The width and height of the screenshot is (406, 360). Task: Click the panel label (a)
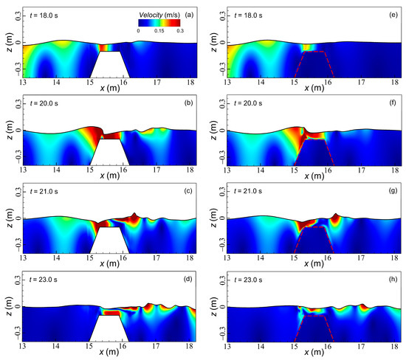coord(190,15)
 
